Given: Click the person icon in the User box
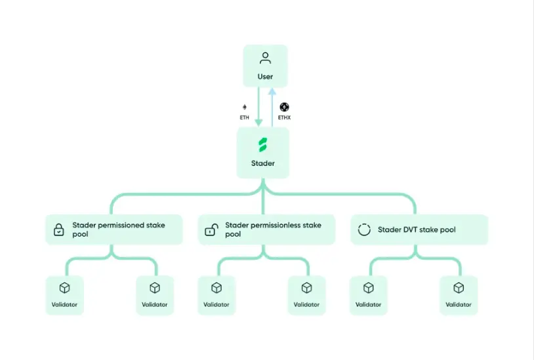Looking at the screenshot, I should click(x=265, y=58).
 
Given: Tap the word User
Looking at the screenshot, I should click(x=265, y=77).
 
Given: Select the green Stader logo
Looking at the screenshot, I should click(x=263, y=145).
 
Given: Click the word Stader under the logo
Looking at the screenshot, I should click(x=263, y=163).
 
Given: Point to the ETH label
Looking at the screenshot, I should click(x=245, y=117).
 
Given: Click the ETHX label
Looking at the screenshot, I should click(x=284, y=117).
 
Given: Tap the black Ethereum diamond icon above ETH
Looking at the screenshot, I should click(x=245, y=107).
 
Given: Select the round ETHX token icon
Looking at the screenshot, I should click(x=284, y=107).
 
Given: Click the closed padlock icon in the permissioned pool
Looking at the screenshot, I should click(x=59, y=230).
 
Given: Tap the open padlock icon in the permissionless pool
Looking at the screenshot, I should click(x=211, y=230).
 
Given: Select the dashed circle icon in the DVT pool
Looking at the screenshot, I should click(x=363, y=230).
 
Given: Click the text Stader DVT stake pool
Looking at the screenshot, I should click(x=417, y=230).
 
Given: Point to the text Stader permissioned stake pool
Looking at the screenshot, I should click(x=118, y=230).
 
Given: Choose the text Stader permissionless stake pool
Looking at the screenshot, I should click(x=273, y=230).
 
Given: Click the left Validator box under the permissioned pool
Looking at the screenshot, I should click(x=64, y=295).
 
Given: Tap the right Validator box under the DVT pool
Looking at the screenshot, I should click(x=459, y=295).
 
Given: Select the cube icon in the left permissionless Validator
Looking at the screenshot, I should click(x=216, y=288).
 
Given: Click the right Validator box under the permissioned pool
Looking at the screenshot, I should click(x=155, y=295).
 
